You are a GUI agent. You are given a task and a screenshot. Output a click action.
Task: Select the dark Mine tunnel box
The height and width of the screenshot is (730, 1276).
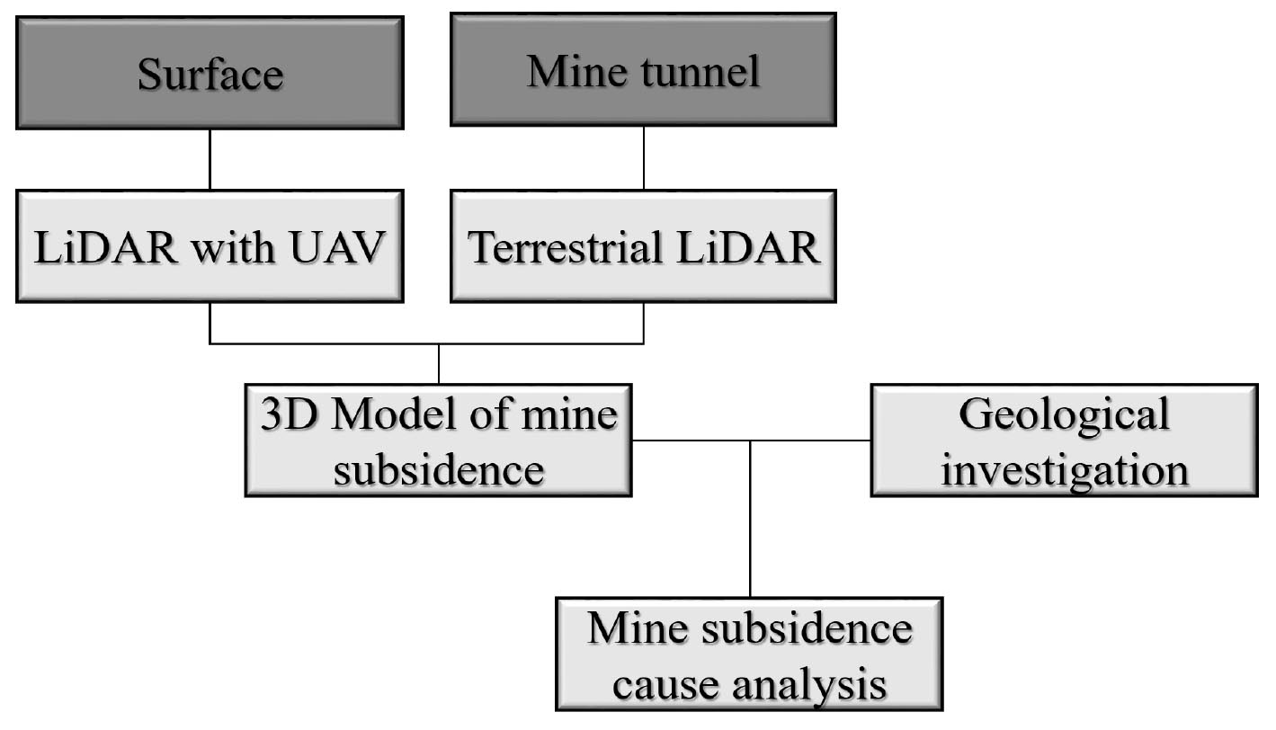[x=643, y=69]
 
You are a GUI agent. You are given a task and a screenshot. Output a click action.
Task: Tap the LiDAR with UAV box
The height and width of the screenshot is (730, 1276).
[x=210, y=246]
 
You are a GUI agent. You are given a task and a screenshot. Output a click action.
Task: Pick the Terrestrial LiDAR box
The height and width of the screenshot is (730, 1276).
[x=643, y=246]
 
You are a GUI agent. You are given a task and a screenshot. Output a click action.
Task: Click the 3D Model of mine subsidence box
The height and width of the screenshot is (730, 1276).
[x=438, y=441]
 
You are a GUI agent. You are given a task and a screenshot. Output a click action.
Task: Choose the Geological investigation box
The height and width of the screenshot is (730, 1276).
[x=1064, y=441]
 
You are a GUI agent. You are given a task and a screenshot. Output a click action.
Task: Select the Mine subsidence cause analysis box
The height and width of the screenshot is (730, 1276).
[x=749, y=654]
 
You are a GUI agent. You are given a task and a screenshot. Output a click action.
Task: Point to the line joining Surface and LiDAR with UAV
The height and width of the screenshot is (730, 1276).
[x=210, y=159]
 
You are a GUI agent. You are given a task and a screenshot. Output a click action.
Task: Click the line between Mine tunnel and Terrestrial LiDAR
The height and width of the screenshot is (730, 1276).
[x=644, y=157]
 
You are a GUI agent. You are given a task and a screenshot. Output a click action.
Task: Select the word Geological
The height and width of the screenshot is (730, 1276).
[x=1065, y=414]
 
